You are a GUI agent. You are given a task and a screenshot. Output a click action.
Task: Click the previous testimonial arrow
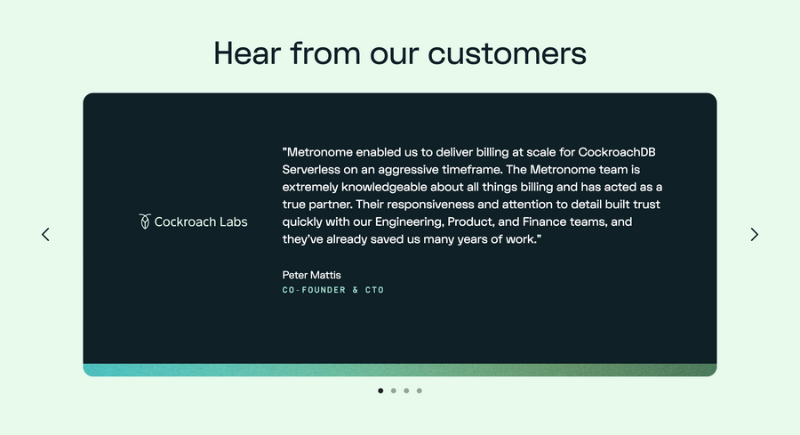pyautogui.click(x=45, y=235)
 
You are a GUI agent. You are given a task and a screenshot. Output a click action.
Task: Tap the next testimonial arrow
pyautogui.click(x=755, y=235)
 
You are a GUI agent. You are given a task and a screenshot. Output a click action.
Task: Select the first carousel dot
pyautogui.click(x=380, y=391)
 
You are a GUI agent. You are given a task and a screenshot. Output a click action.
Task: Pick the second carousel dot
pyautogui.click(x=394, y=391)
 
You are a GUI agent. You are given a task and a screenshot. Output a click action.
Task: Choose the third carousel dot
pyautogui.click(x=406, y=391)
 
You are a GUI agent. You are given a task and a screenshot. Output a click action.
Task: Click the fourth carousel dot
pyautogui.click(x=420, y=391)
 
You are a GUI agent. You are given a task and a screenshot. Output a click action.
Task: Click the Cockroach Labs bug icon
pyautogui.click(x=145, y=222)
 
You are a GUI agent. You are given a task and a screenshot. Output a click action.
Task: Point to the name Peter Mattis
pyautogui.click(x=311, y=275)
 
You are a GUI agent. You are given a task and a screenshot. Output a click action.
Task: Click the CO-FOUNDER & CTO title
pyautogui.click(x=333, y=290)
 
